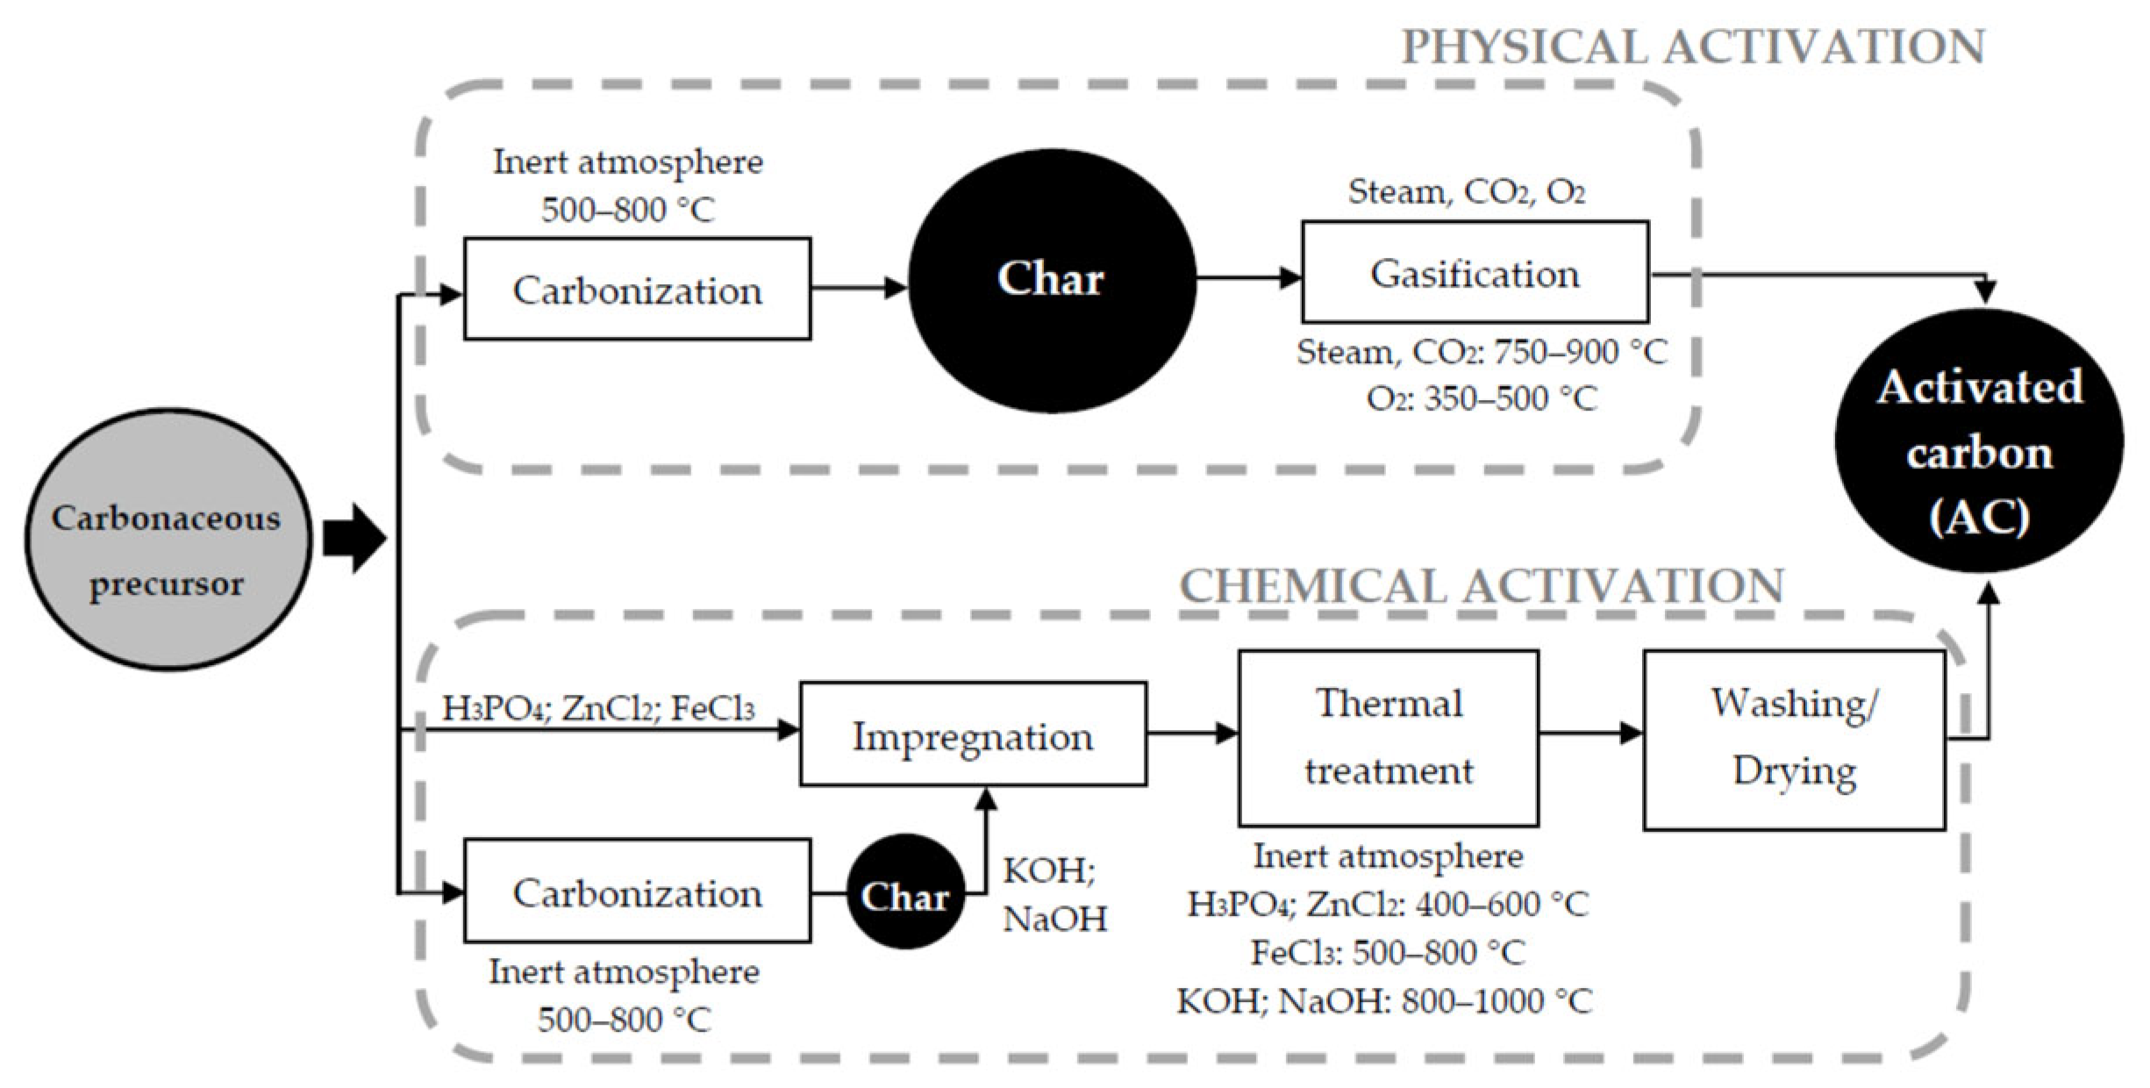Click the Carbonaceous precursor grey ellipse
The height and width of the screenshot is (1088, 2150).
[x=167, y=539]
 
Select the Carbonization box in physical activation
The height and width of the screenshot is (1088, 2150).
[x=637, y=289]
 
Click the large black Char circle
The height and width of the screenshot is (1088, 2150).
[x=1051, y=279]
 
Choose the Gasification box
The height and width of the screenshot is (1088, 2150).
[x=1474, y=273]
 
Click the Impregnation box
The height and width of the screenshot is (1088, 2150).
[x=972, y=734]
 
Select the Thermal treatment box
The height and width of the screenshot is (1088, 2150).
[x=1388, y=738]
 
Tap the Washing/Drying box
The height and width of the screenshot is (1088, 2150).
[x=1793, y=739]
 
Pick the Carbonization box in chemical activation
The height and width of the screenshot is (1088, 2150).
[x=637, y=891]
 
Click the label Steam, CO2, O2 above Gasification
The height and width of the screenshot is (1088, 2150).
[x=1466, y=192]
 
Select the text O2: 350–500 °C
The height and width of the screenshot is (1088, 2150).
[x=1482, y=399]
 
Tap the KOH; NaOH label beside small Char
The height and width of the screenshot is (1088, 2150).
[x=1054, y=895]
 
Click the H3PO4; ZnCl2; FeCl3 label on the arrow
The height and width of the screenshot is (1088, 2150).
[x=597, y=707]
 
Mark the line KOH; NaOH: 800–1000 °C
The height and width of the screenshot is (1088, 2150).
[x=1383, y=1001]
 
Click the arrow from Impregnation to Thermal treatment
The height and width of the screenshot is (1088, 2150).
[x=1191, y=734]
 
